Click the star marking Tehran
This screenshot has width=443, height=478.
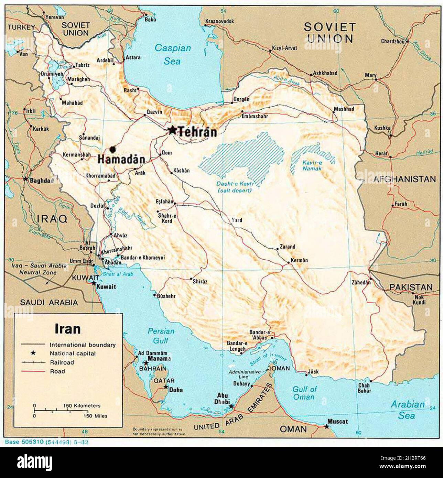(172, 130)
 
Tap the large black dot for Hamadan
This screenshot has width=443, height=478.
(112, 149)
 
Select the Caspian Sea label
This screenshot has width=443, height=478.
(172, 54)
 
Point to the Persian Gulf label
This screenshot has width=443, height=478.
(161, 336)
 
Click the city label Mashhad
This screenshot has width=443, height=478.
(344, 109)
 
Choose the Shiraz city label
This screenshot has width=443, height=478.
(200, 281)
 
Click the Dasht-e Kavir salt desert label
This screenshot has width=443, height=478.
(234, 187)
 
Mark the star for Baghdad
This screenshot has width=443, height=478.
(25, 179)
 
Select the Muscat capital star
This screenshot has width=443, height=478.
(326, 427)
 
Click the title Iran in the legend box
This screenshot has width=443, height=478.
(67, 329)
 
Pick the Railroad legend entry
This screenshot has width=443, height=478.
(62, 362)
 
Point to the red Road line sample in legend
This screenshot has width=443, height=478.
(33, 371)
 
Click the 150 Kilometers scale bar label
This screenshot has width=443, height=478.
(82, 406)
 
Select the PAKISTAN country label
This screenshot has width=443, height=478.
(411, 287)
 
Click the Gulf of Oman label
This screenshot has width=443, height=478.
(304, 393)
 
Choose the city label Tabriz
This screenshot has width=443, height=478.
(82, 65)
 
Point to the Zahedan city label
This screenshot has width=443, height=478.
(361, 282)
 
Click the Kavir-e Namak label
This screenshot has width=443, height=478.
(312, 165)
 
